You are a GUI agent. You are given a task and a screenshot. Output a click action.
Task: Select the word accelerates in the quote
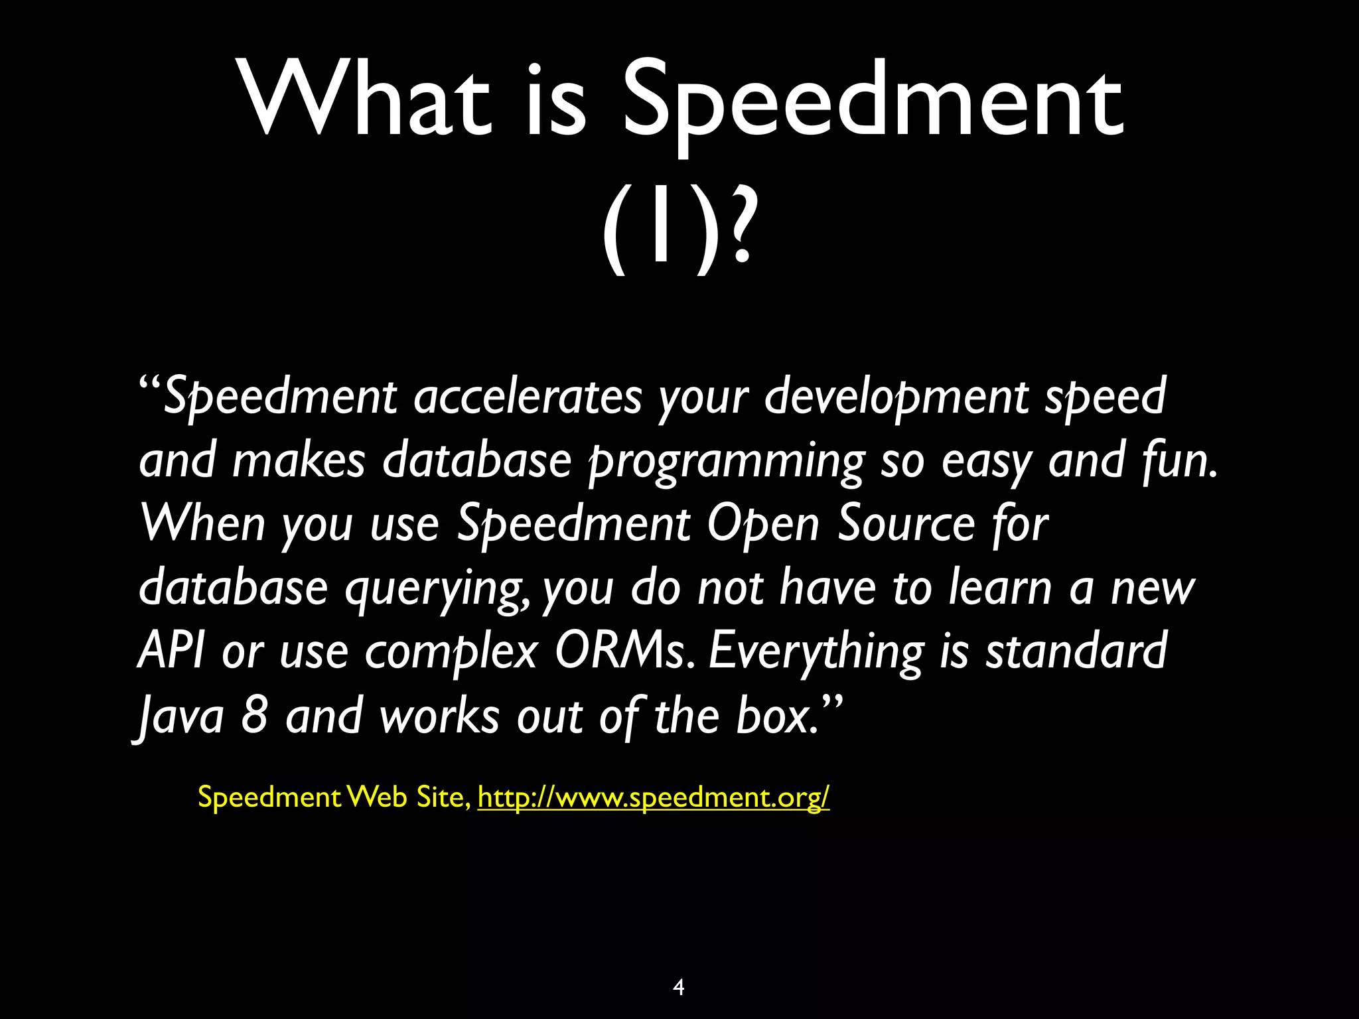click(528, 396)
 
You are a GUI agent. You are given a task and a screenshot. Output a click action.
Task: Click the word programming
click(727, 460)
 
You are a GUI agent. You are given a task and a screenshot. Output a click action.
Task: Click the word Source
click(906, 523)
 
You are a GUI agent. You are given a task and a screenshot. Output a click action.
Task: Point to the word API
click(169, 651)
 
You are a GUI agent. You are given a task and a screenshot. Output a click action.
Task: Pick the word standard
click(1076, 651)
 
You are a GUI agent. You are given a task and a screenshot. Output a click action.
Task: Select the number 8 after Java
click(254, 715)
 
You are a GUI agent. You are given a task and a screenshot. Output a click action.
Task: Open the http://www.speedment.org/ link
click(653, 797)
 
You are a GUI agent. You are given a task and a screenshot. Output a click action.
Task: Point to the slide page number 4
click(678, 987)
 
